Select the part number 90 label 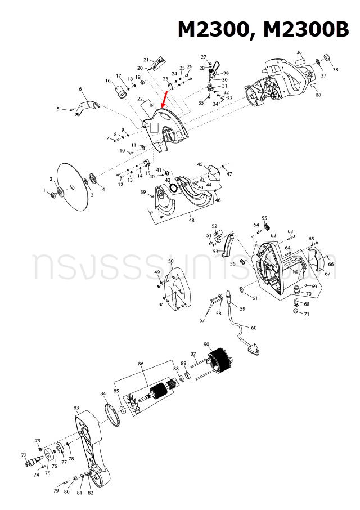[206, 345]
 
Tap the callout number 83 [76, 407]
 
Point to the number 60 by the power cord [254, 328]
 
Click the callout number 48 [192, 220]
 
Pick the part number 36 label [299, 52]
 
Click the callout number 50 [171, 261]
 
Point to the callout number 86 [141, 364]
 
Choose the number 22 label [140, 99]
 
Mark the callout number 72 [24, 455]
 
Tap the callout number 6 [80, 89]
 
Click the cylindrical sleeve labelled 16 [120, 90]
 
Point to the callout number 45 [200, 164]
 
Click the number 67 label [327, 274]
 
